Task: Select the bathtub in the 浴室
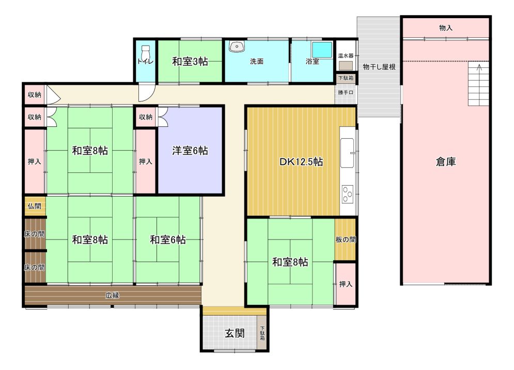tap(322, 50)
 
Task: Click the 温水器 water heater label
tap(346, 56)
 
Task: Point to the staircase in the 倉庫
tap(478, 84)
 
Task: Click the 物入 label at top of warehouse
tap(446, 28)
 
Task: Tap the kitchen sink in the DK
tap(347, 153)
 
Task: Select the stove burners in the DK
tap(348, 194)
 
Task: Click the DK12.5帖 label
tap(301, 161)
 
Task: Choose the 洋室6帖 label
tap(190, 151)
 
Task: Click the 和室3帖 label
tap(190, 62)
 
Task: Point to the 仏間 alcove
tap(35, 206)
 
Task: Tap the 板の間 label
tap(346, 240)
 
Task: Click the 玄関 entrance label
tap(235, 334)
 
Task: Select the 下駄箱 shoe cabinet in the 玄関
tap(262, 333)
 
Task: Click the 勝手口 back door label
tap(346, 93)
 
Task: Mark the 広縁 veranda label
tap(112, 295)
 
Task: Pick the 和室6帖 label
tap(168, 240)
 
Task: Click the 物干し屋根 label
tap(379, 67)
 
